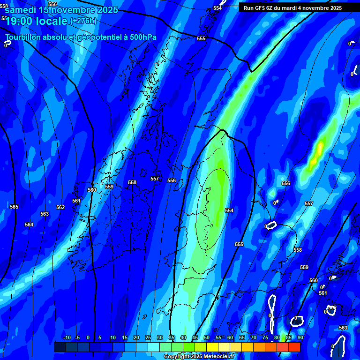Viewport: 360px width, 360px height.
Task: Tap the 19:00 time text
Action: pyautogui.click(x=19, y=21)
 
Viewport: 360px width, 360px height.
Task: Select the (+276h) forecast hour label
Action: pyautogui.click(x=82, y=21)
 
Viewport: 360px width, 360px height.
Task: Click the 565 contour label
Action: pyautogui.click(x=14, y=207)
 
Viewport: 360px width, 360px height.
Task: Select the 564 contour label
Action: pyautogui.click(x=29, y=225)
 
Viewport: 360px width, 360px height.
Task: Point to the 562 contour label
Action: pyautogui.click(x=60, y=207)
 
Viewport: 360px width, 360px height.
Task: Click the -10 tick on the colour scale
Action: pyautogui.click(x=67, y=337)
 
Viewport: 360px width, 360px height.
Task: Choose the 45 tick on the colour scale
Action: pyautogui.click(x=195, y=337)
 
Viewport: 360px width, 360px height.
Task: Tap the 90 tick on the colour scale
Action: pyautogui.click(x=300, y=337)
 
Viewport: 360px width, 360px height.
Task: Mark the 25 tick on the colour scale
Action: pyautogui.click(x=148, y=337)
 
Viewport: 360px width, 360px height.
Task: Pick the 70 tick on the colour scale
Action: pyautogui.click(x=254, y=337)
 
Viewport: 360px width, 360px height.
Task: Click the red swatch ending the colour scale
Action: pyautogui.click(x=294, y=347)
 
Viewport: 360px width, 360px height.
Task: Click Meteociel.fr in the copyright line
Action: pyautogui.click(x=217, y=357)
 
